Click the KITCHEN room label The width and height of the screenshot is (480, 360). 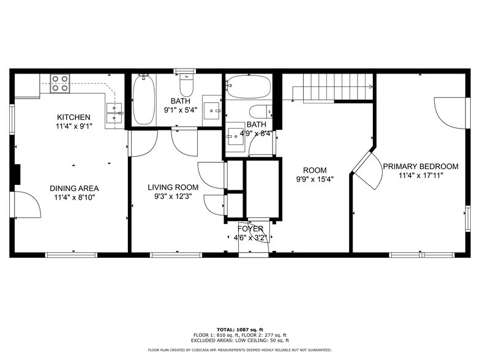click(x=73, y=117)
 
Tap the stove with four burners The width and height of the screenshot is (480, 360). click(x=59, y=83)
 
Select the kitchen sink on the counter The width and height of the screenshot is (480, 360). click(x=114, y=109)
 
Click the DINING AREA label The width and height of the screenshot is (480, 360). click(x=74, y=188)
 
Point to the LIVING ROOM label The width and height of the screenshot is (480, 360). click(x=173, y=187)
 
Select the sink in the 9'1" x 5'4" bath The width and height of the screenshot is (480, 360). click(x=213, y=110)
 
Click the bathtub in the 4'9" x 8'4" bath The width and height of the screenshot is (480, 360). click(x=247, y=86)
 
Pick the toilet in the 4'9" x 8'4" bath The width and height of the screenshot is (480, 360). click(x=260, y=111)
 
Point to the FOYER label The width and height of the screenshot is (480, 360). click(x=250, y=228)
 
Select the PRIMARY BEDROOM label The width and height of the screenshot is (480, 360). click(x=421, y=166)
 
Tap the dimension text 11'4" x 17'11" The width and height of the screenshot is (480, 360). click(x=421, y=175)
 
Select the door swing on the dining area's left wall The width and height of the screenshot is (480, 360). click(x=26, y=204)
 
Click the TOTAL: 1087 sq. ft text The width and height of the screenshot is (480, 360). click(x=240, y=329)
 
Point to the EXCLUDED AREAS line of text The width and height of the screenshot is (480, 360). click(x=240, y=340)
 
